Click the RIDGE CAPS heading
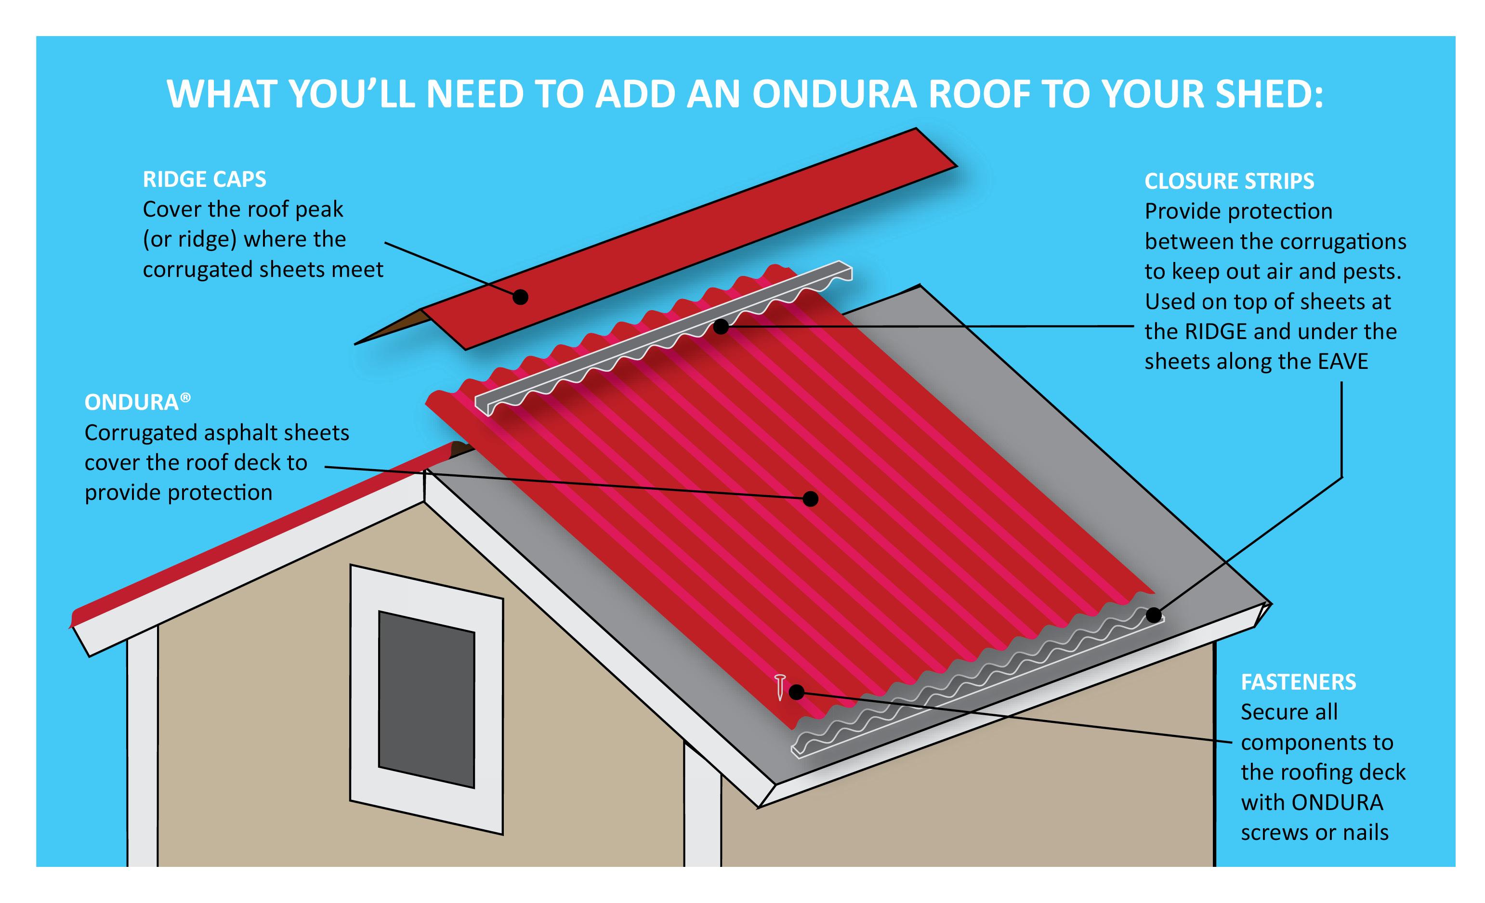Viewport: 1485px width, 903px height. point(204,180)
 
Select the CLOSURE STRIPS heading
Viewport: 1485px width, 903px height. point(1229,182)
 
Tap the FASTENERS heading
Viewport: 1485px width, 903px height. point(1297,682)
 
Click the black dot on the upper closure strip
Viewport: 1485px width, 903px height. point(721,327)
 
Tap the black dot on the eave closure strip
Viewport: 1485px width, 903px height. point(1154,615)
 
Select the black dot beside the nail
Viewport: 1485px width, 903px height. point(796,692)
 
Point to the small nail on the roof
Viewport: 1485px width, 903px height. point(780,687)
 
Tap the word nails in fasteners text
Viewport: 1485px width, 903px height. point(1366,833)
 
